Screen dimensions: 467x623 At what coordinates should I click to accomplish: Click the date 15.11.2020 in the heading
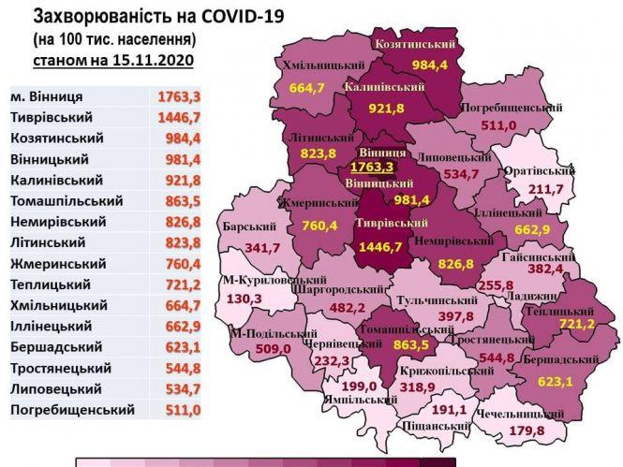[x=152, y=60]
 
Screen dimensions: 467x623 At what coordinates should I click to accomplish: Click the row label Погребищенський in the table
[x=71, y=409]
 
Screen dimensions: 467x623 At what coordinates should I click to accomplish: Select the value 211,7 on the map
[x=551, y=190]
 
